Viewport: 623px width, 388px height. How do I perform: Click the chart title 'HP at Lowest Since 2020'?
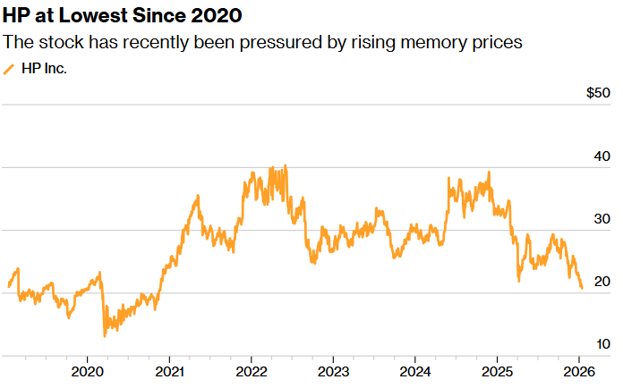coord(123,16)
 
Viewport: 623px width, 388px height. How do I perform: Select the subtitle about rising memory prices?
coord(263,42)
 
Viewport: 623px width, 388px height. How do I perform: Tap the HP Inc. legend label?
coord(44,68)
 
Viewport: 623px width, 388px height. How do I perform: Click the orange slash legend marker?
coord(10,68)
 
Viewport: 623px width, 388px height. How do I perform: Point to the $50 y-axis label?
coord(598,93)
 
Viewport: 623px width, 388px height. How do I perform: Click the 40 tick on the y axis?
coord(602,156)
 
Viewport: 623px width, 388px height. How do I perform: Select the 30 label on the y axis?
coord(602,219)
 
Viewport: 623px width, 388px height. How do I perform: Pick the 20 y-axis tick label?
coord(602,282)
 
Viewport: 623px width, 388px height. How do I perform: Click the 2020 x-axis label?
coord(88,370)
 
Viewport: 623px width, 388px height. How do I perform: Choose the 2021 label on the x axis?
coord(170,370)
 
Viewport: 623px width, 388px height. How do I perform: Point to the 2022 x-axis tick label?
coord(252,370)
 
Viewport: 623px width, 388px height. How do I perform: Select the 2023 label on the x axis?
coord(334,370)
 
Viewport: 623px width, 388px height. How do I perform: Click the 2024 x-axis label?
coord(415,370)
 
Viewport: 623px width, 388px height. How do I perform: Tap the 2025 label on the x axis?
coord(498,370)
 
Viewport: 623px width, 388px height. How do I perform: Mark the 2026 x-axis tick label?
coord(579,370)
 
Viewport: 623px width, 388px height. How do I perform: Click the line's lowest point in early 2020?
coord(105,336)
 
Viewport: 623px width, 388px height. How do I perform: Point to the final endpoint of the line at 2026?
coord(582,288)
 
